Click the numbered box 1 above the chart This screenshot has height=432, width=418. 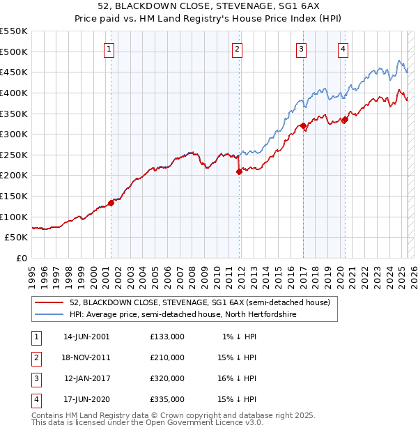(x=110, y=49)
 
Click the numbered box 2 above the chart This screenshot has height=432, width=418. (x=238, y=49)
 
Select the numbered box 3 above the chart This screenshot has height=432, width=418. (x=301, y=49)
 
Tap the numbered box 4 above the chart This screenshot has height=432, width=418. (x=343, y=49)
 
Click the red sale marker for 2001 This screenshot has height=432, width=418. (x=111, y=203)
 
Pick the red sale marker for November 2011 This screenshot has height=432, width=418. (x=238, y=171)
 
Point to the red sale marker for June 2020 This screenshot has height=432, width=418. (x=344, y=120)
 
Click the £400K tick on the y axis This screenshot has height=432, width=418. (x=14, y=93)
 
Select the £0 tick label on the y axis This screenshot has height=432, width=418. (x=22, y=258)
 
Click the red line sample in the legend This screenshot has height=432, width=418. (x=49, y=302)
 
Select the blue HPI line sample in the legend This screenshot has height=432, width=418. (x=49, y=314)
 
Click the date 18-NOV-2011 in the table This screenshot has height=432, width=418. (x=86, y=357)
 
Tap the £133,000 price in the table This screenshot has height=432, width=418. (x=167, y=337)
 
